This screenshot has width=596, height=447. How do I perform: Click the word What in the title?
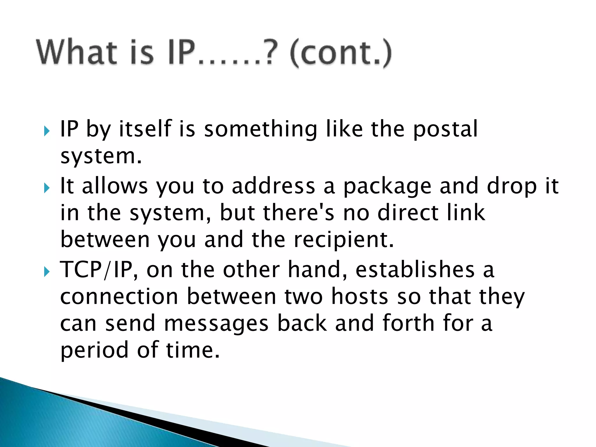[x=76, y=52]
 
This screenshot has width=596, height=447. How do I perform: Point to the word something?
[x=260, y=129]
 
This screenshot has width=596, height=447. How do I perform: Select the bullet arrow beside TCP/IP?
[x=47, y=272]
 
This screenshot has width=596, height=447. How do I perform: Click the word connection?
[x=119, y=297]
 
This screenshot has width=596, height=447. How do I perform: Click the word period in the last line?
[x=94, y=350]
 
